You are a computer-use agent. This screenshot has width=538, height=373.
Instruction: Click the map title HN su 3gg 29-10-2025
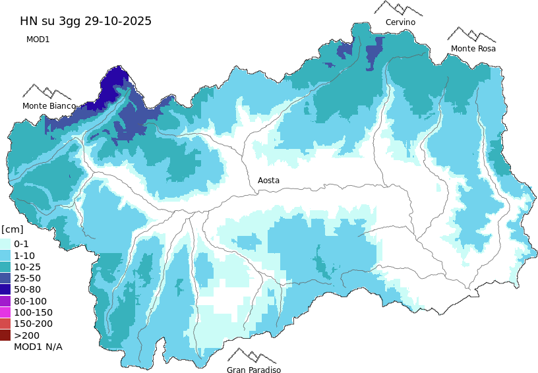point(86,21)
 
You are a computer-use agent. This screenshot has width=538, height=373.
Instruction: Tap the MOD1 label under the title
point(38,40)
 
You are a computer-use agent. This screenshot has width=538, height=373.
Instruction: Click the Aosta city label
point(268,180)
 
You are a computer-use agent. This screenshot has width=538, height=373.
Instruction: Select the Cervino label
point(400,22)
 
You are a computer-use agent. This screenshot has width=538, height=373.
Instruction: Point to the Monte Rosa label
point(473,49)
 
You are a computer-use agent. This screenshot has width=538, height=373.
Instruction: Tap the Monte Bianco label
point(49,105)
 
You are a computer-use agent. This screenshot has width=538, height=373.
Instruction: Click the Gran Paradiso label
point(254,370)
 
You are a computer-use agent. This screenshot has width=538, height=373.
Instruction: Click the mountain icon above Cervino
point(398,8)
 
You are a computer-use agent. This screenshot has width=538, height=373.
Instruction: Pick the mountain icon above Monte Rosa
point(471,34)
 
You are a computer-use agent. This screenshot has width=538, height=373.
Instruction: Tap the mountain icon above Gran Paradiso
point(251,356)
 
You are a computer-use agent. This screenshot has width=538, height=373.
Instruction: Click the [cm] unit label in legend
point(13,229)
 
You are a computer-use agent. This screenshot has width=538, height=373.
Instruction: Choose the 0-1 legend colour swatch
point(5,244)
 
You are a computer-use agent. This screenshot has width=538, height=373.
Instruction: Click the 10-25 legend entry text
point(28,266)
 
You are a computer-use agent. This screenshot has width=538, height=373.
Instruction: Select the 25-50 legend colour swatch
point(5,278)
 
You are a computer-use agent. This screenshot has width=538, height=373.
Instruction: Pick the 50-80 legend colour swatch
point(5,289)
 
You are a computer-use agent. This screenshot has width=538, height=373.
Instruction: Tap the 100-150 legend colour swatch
point(5,312)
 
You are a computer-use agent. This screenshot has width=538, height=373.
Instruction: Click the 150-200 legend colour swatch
point(5,324)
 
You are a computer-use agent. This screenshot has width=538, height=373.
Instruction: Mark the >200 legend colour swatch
point(5,335)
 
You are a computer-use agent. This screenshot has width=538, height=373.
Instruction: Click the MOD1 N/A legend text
point(38,347)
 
